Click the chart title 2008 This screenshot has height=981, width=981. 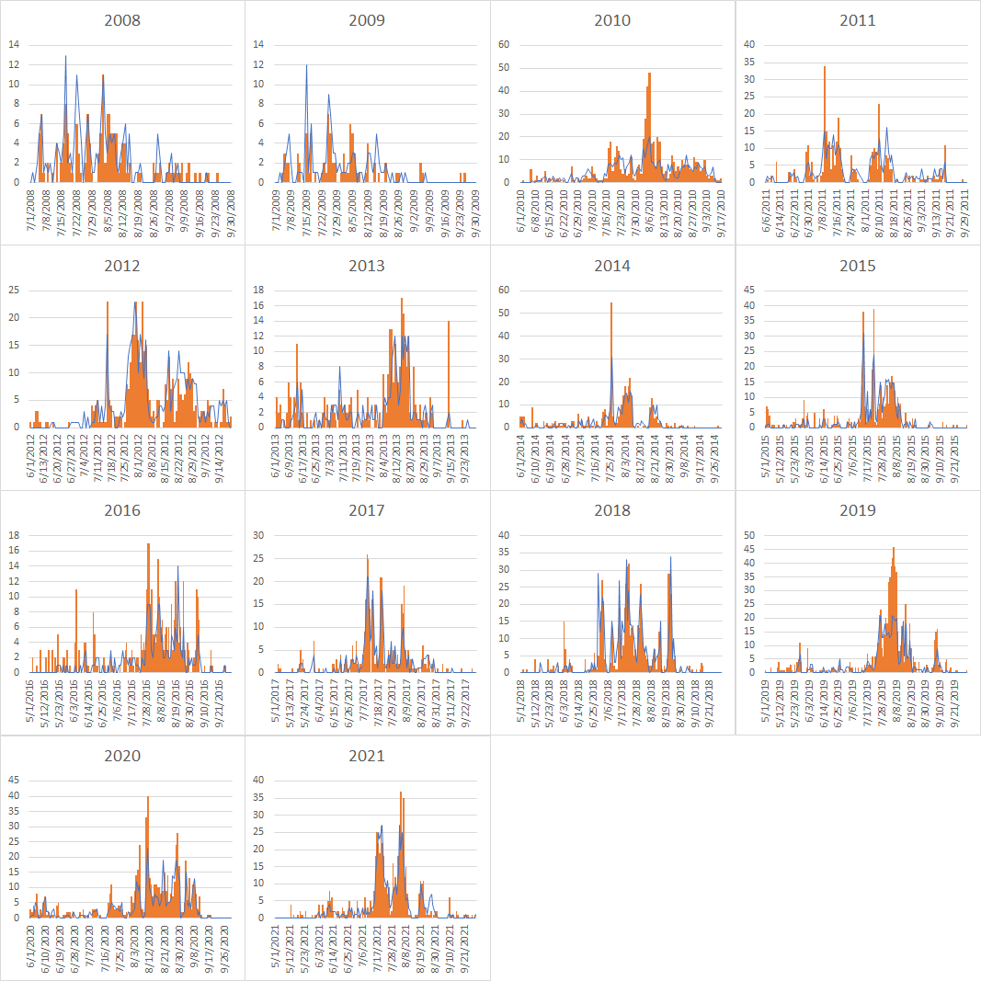122,20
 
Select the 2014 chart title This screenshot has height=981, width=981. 612,266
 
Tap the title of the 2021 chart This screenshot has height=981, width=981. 367,757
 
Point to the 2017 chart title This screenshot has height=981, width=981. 367,511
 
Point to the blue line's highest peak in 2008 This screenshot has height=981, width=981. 65,57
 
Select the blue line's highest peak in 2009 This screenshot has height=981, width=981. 306,66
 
